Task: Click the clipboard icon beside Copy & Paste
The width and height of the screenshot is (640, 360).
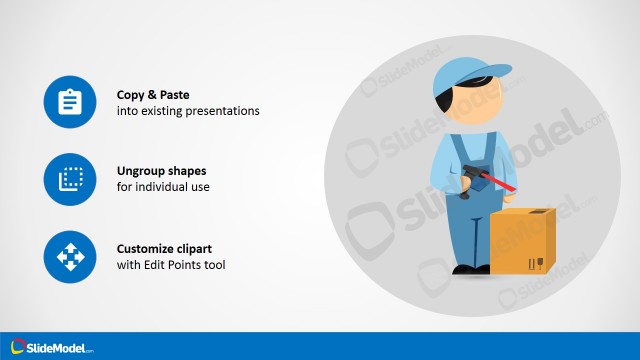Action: click(69, 102)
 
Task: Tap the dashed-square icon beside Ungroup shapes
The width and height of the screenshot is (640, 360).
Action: click(69, 180)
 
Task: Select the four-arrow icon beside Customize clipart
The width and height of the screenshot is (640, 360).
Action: click(69, 257)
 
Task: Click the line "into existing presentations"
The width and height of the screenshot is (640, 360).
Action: click(188, 111)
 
